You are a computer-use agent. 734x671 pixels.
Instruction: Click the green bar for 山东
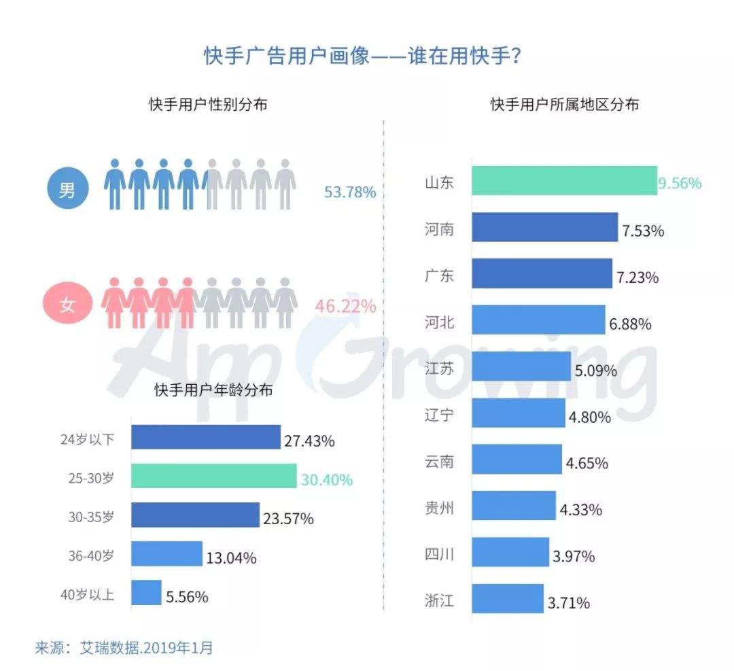[564, 181]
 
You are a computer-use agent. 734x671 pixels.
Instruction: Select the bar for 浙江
[508, 598]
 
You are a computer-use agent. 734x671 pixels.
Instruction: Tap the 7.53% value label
[642, 230]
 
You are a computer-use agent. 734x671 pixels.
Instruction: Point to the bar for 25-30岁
[213, 477]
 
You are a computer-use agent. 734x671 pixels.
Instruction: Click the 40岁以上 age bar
[146, 593]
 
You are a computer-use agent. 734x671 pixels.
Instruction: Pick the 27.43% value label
[309, 441]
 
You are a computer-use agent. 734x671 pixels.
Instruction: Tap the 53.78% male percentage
[350, 192]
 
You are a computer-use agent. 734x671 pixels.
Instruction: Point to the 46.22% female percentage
[345, 307]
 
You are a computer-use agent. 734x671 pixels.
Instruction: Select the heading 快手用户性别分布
[208, 105]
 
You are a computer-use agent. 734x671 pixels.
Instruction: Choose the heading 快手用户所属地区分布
[565, 105]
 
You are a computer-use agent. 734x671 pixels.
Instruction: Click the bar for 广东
[542, 273]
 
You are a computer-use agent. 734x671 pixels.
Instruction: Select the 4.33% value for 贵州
[581, 510]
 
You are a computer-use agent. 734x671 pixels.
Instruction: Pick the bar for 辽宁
[518, 413]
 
